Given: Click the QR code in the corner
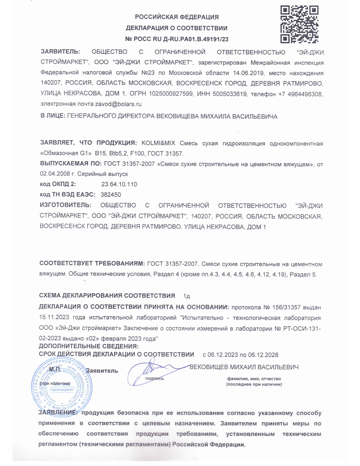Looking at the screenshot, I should (x=299, y=24).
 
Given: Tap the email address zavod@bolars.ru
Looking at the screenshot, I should (x=118, y=104).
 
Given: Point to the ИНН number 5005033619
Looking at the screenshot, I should (x=229, y=94).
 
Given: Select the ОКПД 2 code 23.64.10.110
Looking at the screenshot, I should (x=119, y=184).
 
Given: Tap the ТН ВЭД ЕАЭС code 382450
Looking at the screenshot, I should (x=111, y=195).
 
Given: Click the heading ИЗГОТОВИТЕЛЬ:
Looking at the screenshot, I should (x=66, y=205).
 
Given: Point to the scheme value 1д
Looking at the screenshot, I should (x=186, y=296).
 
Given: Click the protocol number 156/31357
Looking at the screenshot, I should (x=286, y=307).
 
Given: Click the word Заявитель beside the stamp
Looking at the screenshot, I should (x=102, y=371).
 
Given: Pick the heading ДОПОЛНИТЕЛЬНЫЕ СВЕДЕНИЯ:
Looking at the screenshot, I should (x=89, y=346).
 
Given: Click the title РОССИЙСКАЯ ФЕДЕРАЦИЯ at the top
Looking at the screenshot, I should (x=177, y=17).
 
